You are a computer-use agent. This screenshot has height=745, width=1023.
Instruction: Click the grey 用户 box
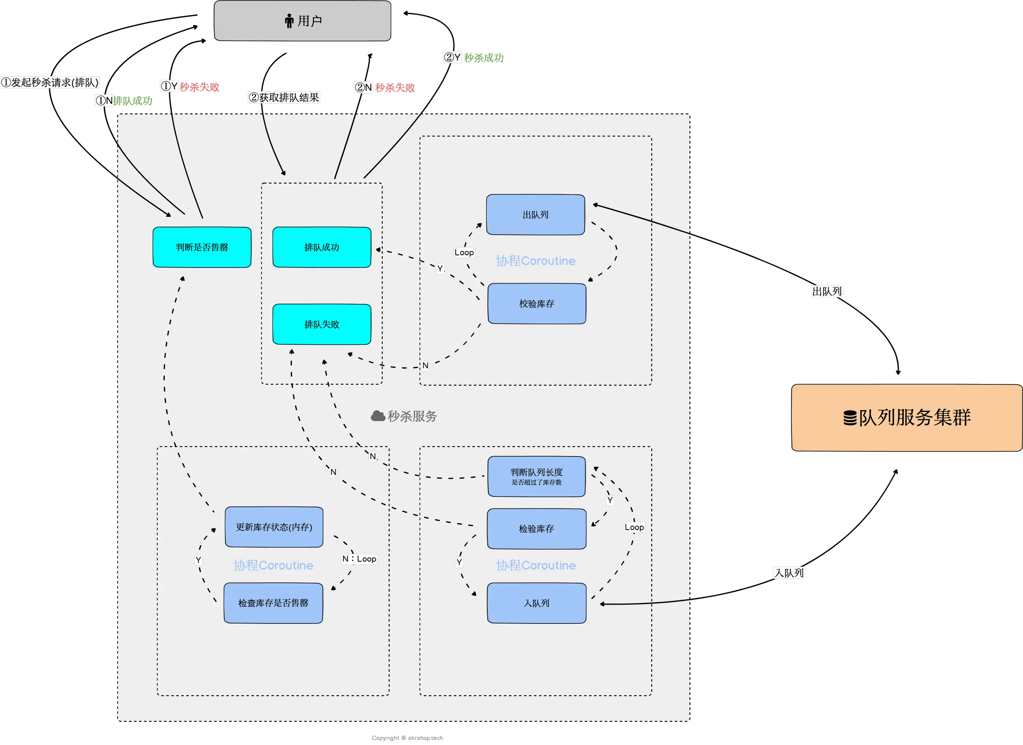coord(302,21)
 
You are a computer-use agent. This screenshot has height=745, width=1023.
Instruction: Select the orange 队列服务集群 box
coord(907,418)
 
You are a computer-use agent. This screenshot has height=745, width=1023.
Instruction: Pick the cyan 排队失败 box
coord(322,324)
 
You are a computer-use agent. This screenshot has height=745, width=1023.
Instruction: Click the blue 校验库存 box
coord(537,303)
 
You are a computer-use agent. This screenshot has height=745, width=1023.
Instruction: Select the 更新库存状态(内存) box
coord(274,527)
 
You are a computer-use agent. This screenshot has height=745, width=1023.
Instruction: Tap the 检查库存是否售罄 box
coord(273,603)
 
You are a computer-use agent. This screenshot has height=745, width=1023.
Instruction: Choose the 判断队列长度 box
coord(537,476)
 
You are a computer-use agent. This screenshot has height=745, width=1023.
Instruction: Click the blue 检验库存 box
coord(537,529)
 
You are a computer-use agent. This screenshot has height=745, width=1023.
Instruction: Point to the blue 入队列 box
coord(537,603)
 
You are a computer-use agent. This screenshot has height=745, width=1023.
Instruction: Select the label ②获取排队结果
coord(284,98)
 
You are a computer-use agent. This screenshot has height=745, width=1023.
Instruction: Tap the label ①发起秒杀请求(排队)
coord(50,82)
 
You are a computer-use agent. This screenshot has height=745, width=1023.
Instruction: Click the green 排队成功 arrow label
coord(133,101)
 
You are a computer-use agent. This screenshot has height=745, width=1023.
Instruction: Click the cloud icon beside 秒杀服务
coord(378,416)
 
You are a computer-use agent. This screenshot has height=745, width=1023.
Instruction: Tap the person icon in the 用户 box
coord(289,21)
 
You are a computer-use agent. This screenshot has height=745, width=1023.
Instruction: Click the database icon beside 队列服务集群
coord(850,418)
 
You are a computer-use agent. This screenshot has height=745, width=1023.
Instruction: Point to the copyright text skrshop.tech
coord(425,738)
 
